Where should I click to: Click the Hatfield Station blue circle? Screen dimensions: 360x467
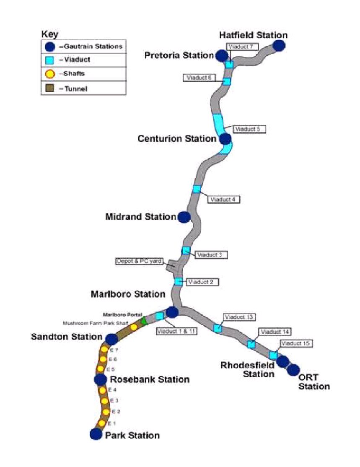point(279,46)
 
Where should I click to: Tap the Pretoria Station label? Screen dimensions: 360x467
point(179,55)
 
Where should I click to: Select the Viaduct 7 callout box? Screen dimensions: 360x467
point(242,47)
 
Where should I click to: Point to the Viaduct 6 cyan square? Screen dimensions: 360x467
point(227,81)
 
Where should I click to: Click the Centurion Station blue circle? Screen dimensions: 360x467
point(225,139)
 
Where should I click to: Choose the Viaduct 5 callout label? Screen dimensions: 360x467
point(249,129)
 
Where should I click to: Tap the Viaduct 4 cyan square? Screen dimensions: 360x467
point(197,189)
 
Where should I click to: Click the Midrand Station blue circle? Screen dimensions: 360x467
point(184,217)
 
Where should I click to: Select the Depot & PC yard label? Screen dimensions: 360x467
point(139,261)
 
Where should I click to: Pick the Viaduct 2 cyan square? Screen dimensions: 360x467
point(179,281)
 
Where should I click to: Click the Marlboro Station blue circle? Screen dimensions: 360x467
point(172,312)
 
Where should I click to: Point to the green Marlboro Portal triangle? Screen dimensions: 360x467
point(144,320)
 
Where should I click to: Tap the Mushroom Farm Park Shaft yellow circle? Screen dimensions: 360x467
point(134,327)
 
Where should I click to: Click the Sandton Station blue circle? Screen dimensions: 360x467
point(112,339)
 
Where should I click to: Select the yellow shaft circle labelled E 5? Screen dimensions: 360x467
point(101,369)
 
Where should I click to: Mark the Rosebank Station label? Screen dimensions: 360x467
point(150,379)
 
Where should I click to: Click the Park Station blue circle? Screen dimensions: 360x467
point(96,434)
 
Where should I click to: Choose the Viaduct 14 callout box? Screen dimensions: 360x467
point(275,332)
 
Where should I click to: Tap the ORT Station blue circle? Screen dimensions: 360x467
point(294,370)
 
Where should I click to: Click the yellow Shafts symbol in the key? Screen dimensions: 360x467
point(50,73)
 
